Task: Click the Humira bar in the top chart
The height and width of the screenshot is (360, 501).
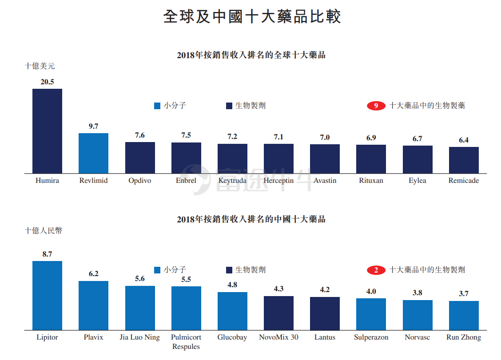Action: click(x=47, y=131)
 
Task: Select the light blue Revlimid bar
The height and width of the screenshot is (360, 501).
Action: click(x=93, y=153)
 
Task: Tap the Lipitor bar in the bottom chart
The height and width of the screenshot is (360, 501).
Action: click(x=47, y=296)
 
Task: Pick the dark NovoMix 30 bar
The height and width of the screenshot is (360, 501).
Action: click(x=278, y=313)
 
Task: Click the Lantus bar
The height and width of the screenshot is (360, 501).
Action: click(x=325, y=313)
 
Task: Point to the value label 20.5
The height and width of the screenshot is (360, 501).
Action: click(x=47, y=82)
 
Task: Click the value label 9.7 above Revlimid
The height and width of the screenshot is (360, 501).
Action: click(x=93, y=126)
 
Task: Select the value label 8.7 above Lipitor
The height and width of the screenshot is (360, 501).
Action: click(x=47, y=254)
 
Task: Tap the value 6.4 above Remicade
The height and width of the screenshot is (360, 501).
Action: click(x=464, y=140)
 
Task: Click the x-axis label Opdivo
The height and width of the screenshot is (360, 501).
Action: click(x=140, y=181)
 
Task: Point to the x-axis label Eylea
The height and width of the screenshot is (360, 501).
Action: click(x=417, y=181)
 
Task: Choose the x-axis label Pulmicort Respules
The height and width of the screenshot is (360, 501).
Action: click(x=186, y=342)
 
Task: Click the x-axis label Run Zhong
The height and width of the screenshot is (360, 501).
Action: click(x=464, y=337)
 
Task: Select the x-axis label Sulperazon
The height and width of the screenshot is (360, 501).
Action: click(x=371, y=337)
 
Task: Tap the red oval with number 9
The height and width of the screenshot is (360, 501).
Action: click(x=376, y=106)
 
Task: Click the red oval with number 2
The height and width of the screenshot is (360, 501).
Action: click(x=376, y=270)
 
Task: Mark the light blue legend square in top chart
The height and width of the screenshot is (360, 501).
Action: click(x=157, y=106)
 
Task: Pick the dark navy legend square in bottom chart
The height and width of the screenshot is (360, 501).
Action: click(x=229, y=270)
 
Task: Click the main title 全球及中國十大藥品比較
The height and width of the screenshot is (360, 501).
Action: click(x=252, y=16)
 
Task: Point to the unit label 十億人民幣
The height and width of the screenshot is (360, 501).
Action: click(x=44, y=231)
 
